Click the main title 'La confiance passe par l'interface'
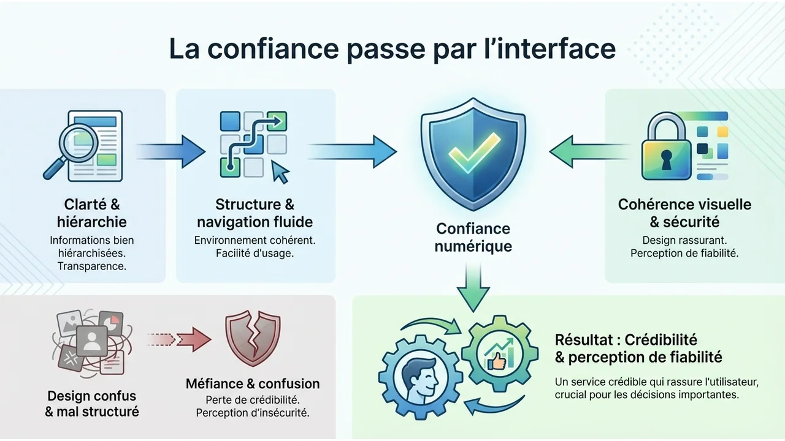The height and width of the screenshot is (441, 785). click(x=392, y=49)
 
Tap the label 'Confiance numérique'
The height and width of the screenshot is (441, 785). click(x=473, y=238)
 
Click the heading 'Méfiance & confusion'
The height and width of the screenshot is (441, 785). click(x=253, y=384)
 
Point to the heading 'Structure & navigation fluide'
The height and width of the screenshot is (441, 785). click(x=255, y=213)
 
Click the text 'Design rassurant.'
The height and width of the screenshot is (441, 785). click(x=684, y=241)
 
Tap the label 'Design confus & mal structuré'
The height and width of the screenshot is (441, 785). click(x=91, y=404)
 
